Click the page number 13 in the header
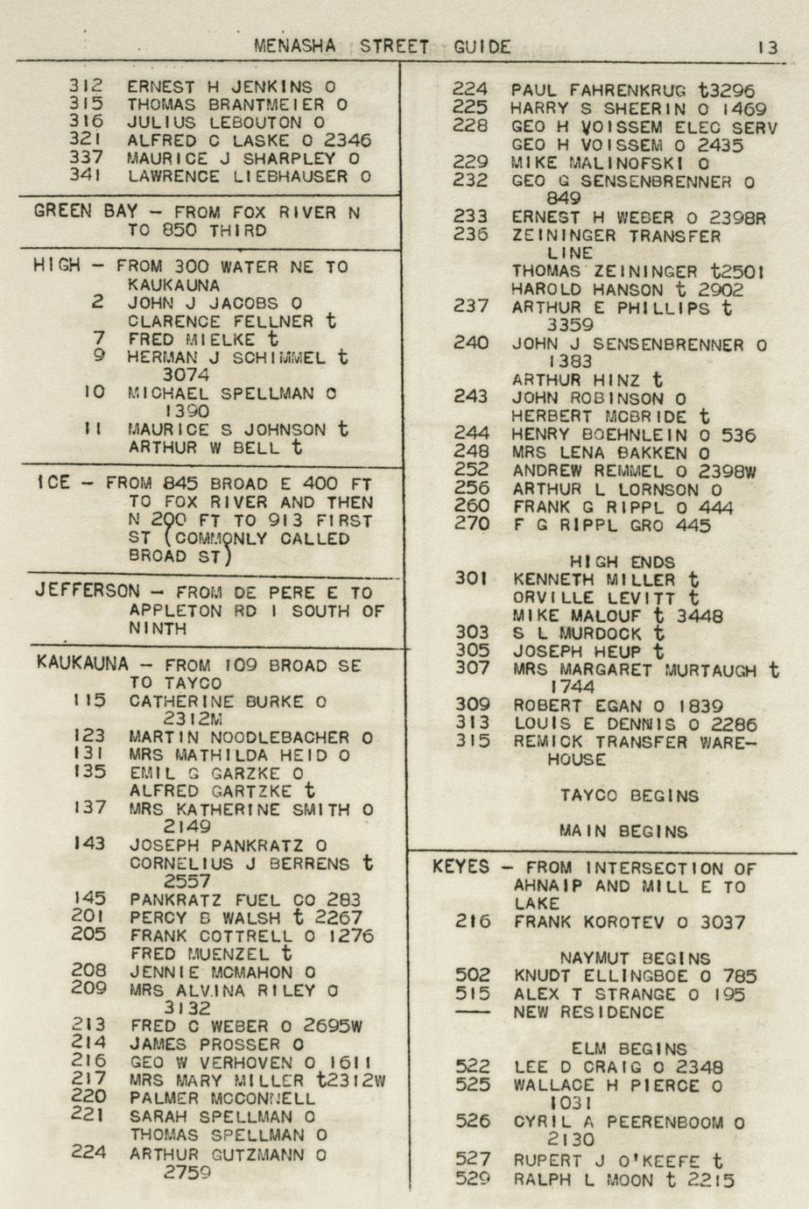click(767, 47)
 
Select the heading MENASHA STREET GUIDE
click(383, 46)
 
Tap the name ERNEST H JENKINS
click(220, 87)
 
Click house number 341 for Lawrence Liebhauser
click(86, 175)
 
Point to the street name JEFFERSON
click(87, 590)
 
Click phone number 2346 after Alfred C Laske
click(348, 140)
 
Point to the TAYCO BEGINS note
click(630, 796)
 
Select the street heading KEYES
click(461, 867)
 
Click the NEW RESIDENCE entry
click(589, 1012)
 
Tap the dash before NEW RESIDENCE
click(473, 1012)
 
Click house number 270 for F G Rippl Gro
click(471, 525)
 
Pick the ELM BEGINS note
click(629, 1049)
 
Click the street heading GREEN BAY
click(86, 211)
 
